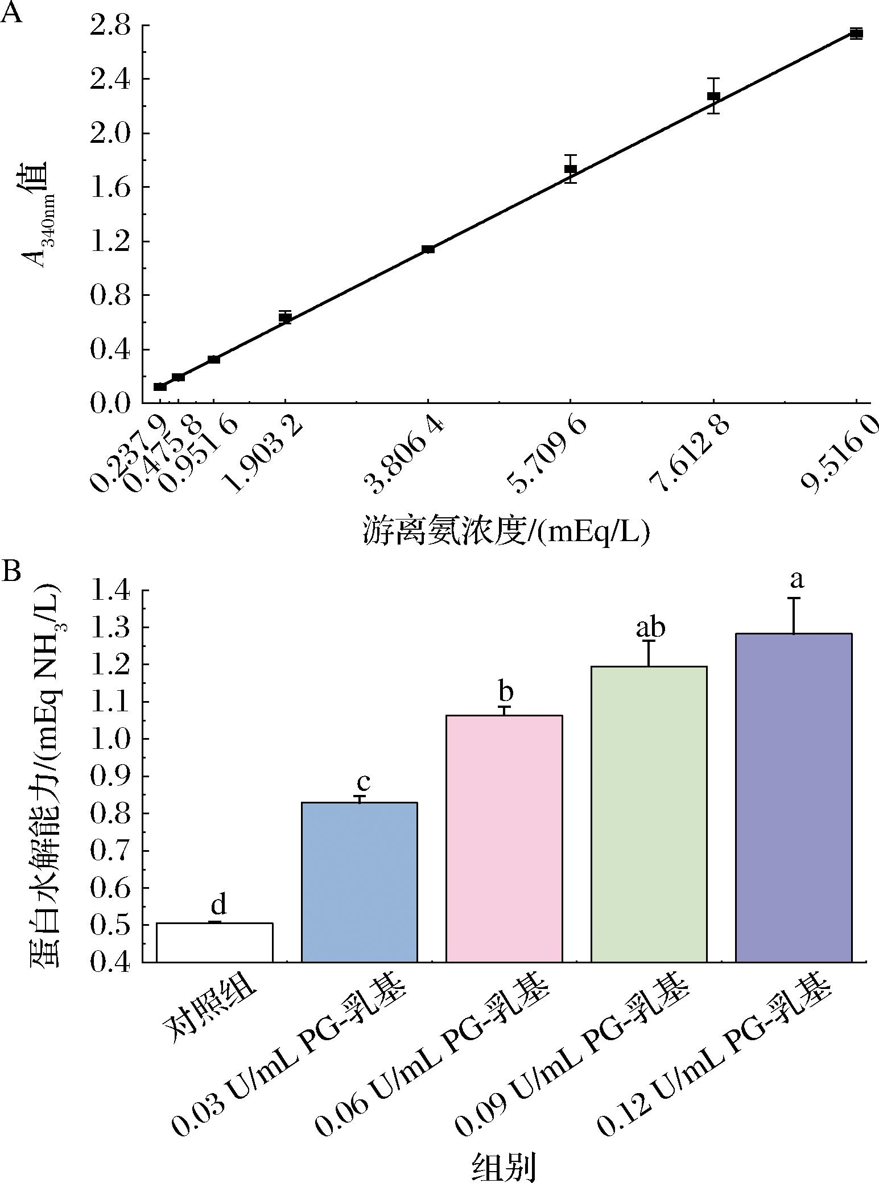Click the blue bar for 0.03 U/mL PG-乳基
(359, 882)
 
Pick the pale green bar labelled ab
(649, 814)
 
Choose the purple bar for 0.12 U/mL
(793, 797)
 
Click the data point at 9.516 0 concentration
(856, 34)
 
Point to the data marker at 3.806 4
(428, 249)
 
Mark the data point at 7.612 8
(713, 96)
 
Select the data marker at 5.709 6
(571, 169)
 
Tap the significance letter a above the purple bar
(798, 580)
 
